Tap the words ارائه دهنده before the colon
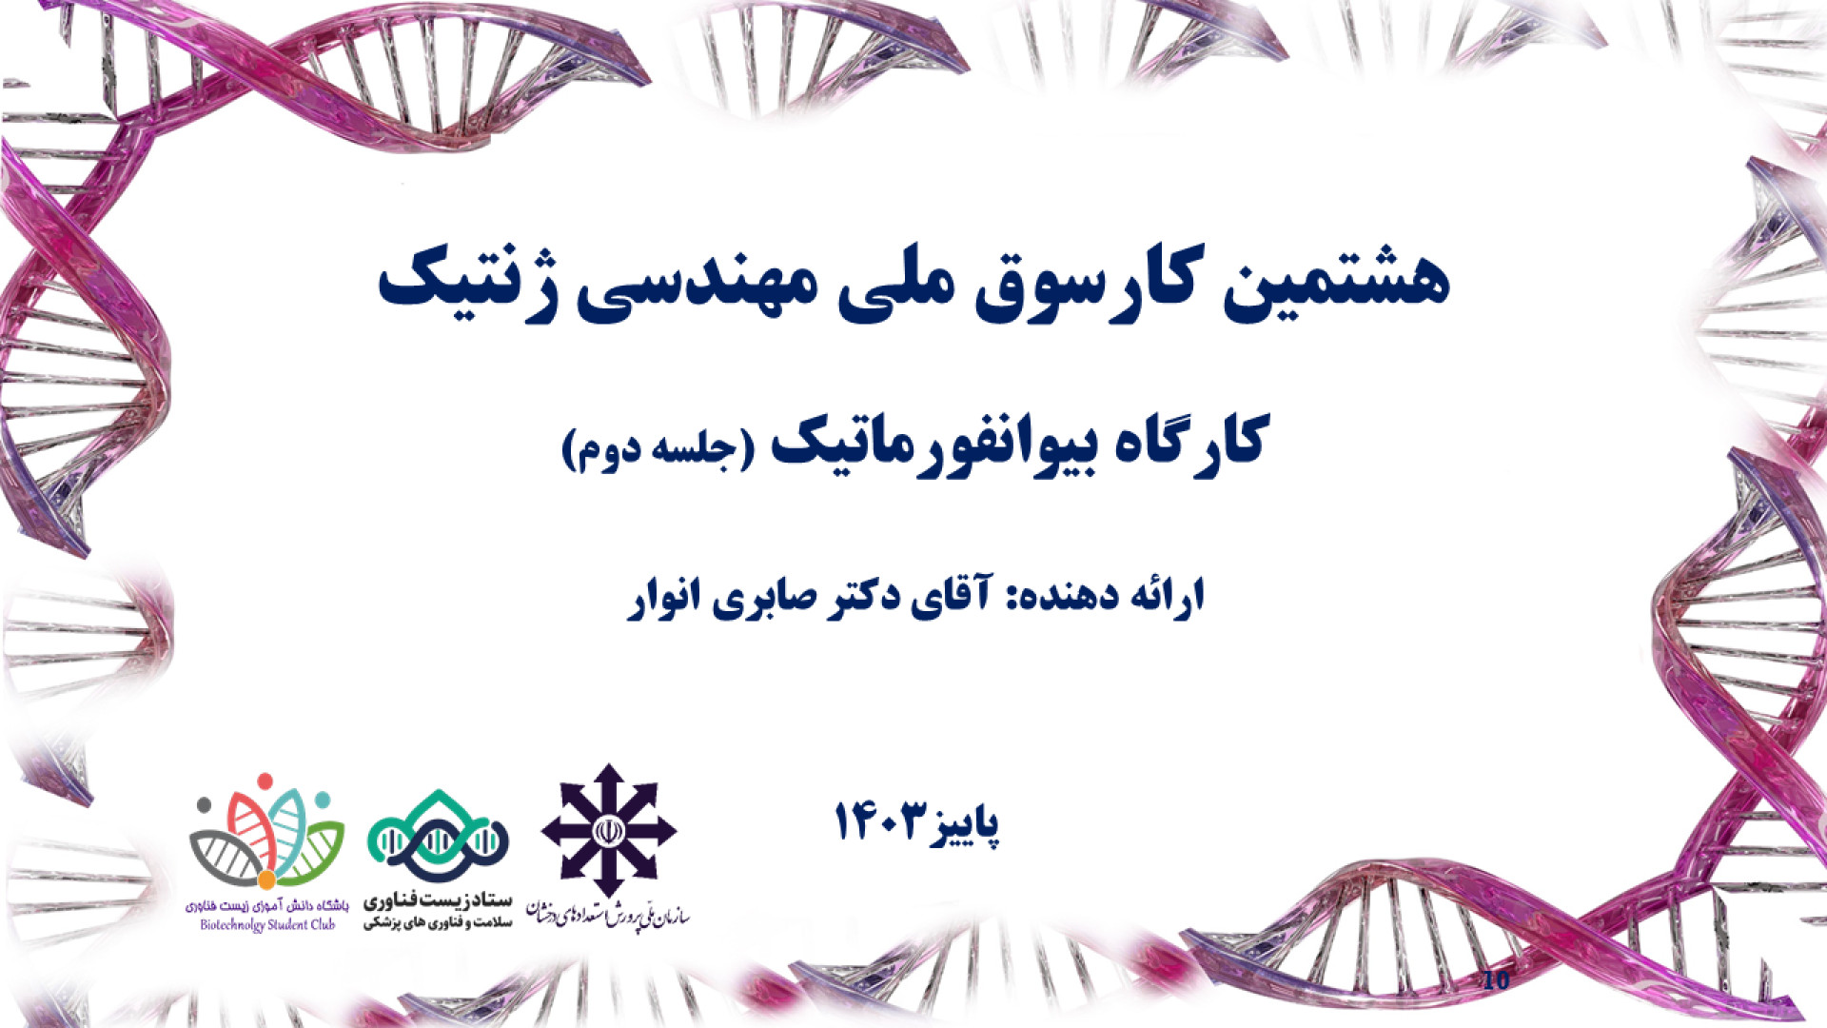1117,596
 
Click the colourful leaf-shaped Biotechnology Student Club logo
267,831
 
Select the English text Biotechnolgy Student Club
267,924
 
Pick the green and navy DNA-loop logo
438,837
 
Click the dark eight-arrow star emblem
608,831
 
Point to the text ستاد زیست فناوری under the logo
438,900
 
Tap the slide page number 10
1496,980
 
